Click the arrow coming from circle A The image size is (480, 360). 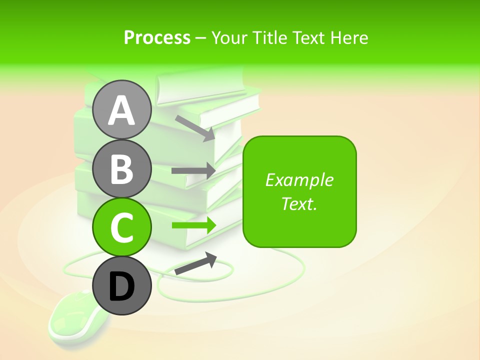[x=195, y=128]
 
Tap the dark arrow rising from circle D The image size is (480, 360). [x=195, y=263]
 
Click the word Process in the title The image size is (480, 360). [x=157, y=38]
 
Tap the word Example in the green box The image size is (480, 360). [x=299, y=180]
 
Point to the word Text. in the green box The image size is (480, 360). [x=299, y=203]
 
